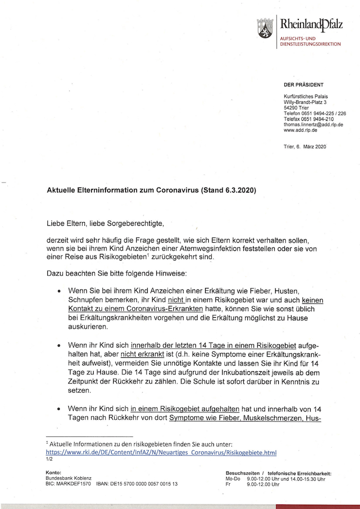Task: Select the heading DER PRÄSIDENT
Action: (x=303, y=84)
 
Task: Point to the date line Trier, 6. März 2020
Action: (x=304, y=147)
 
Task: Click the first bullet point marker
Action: (x=61, y=290)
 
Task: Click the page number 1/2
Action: (x=49, y=459)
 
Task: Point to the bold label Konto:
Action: (x=53, y=472)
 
